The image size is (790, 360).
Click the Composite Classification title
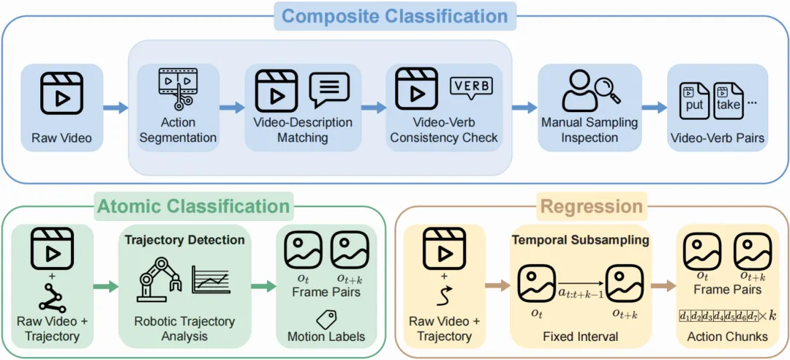(x=394, y=15)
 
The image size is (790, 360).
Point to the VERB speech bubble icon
(x=471, y=89)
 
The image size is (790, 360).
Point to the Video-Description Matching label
(x=302, y=130)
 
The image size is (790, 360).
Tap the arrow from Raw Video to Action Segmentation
(x=116, y=108)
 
